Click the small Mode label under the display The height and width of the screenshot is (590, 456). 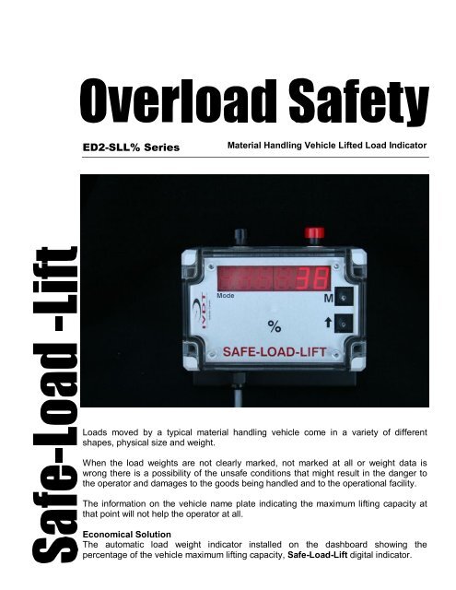tap(228, 297)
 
